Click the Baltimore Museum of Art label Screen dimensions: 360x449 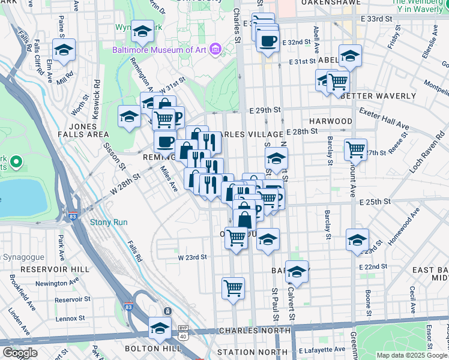pos(158,50)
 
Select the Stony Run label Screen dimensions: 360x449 pos(109,222)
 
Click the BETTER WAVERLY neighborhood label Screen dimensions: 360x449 pos(378,96)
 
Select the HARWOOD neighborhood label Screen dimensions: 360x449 pos(331,121)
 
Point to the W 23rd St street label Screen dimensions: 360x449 pos(192,257)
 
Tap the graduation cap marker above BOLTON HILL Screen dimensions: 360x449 pos(160,328)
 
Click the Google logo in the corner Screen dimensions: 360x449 pos(20,353)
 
